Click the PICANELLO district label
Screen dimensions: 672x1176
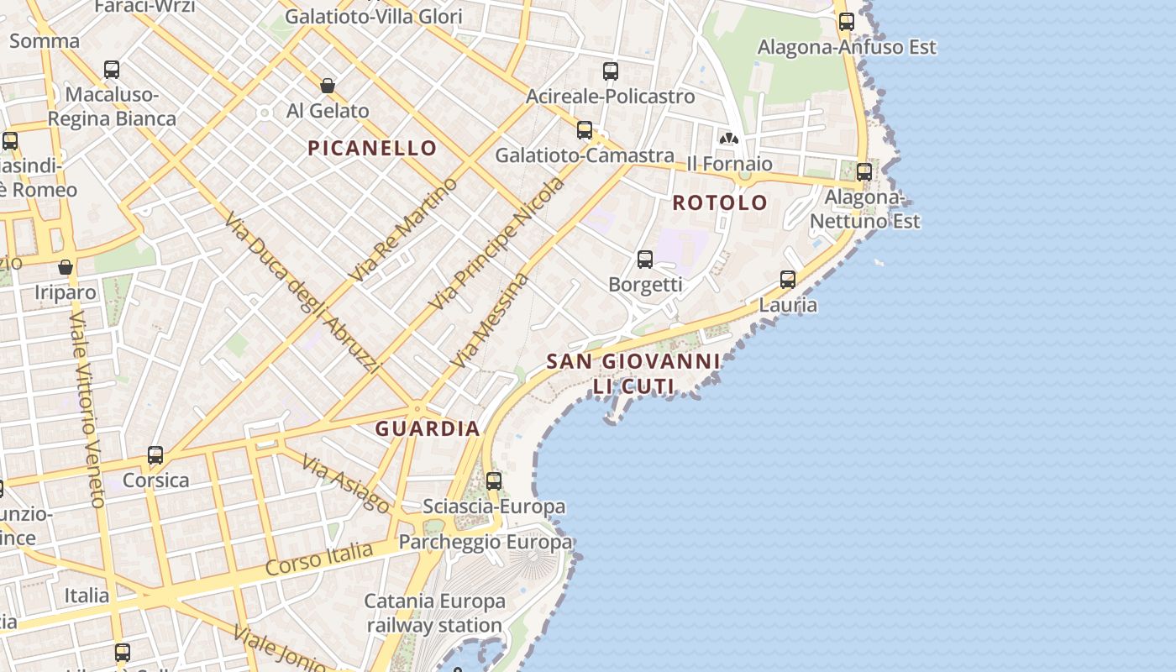point(372,149)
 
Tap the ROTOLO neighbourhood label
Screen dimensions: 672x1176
point(720,202)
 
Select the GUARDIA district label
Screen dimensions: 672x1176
point(428,428)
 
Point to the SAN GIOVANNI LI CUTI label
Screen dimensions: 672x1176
point(633,374)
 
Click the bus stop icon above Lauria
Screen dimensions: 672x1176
point(788,280)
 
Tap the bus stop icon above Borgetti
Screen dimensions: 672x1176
point(645,260)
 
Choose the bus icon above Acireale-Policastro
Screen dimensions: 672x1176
point(611,71)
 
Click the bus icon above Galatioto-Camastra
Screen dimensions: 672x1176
point(585,130)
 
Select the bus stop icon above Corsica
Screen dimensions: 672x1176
point(155,455)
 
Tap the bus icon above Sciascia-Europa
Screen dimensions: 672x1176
point(494,481)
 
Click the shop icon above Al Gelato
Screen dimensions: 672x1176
point(328,86)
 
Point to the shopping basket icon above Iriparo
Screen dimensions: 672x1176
point(66,268)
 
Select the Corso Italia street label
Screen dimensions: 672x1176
point(319,559)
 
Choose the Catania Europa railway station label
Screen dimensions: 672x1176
point(434,613)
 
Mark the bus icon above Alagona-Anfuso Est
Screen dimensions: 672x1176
point(847,22)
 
